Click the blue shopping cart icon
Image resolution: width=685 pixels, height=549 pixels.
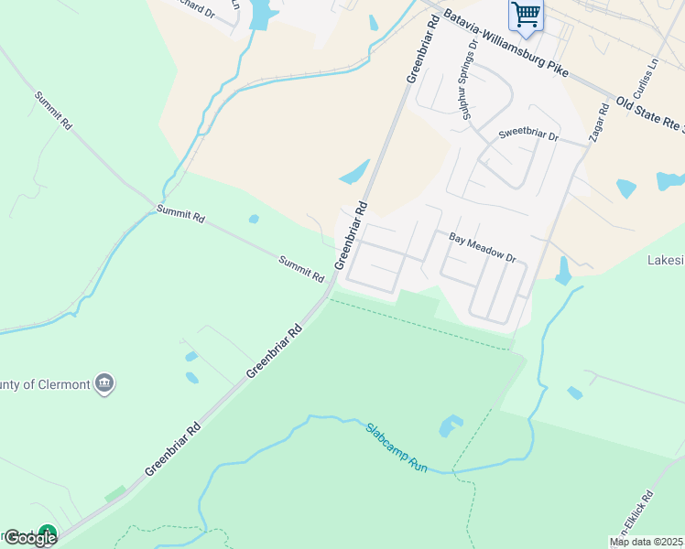click(x=526, y=14)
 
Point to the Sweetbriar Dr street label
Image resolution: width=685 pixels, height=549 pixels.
click(x=527, y=135)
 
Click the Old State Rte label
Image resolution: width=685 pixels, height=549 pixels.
click(x=649, y=113)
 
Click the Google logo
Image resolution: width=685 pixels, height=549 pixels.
click(x=29, y=538)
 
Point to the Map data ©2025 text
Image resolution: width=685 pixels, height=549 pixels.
click(x=646, y=542)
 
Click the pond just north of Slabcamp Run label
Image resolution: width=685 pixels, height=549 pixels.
click(x=450, y=425)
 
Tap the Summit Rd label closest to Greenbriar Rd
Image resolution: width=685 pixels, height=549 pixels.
click(x=301, y=269)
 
